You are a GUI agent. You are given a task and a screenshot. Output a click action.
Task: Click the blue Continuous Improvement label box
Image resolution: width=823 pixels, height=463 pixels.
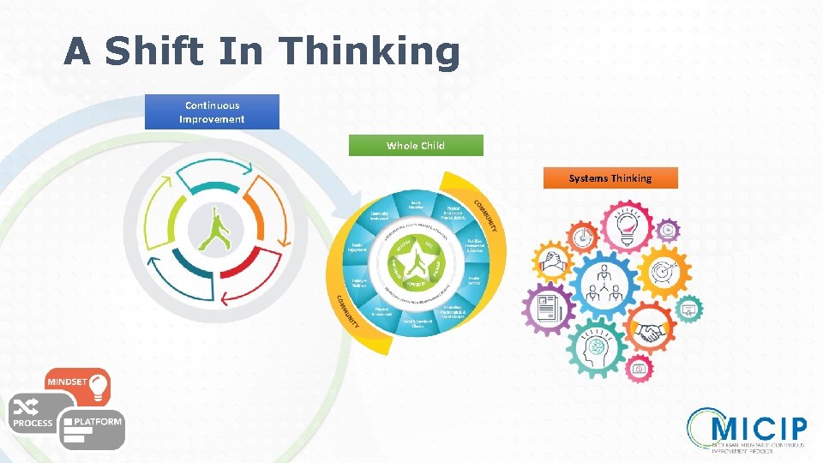click(212, 112)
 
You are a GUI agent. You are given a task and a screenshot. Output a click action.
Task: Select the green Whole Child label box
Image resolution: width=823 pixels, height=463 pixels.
click(416, 145)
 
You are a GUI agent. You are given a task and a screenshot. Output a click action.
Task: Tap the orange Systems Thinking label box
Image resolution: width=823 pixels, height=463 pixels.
click(610, 178)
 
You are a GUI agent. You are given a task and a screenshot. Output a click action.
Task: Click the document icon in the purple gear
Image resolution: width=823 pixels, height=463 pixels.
click(547, 307)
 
